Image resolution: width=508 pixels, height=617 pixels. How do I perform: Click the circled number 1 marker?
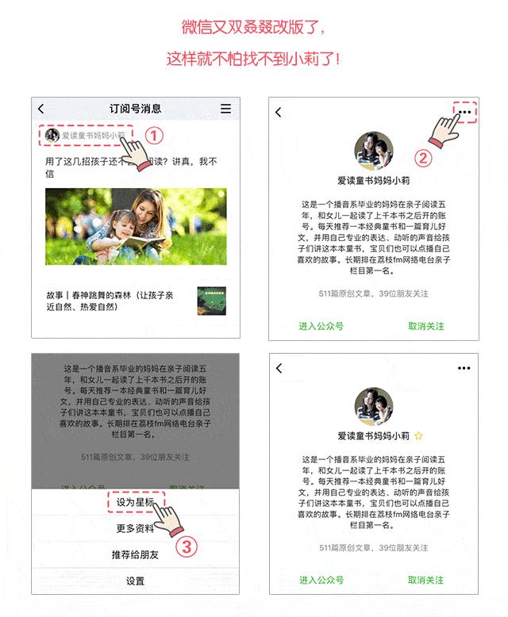[155, 136]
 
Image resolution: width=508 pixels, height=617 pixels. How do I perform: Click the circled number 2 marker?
[423, 158]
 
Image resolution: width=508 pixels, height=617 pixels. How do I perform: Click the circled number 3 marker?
[186, 546]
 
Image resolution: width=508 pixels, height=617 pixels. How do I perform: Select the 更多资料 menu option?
[135, 529]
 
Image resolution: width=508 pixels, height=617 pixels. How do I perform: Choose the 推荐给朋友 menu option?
[135, 555]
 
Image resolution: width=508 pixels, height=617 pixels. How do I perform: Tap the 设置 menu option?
[135, 581]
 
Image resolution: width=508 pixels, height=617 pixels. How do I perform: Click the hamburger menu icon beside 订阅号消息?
[226, 109]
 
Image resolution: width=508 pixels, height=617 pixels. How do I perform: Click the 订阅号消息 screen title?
[135, 109]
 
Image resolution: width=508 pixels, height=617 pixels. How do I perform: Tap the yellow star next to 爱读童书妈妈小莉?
[418, 436]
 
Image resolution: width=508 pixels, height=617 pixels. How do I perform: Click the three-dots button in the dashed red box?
[465, 113]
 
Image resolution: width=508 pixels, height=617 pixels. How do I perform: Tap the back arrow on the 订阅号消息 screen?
[41, 109]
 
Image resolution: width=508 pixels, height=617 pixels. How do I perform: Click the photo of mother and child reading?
[135, 226]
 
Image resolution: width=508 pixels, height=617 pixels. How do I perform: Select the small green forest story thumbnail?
[211, 301]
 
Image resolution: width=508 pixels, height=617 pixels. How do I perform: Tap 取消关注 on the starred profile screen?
[426, 581]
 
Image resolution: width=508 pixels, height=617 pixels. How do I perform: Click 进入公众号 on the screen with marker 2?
[321, 326]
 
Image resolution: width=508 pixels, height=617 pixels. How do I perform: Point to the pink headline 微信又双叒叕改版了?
[253, 28]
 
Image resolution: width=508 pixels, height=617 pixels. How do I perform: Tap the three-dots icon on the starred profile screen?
[464, 368]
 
